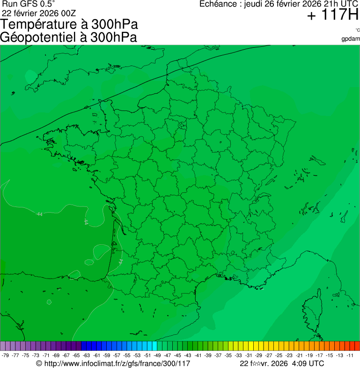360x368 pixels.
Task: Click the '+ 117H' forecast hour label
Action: click(332, 15)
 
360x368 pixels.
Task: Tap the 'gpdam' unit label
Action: click(351, 38)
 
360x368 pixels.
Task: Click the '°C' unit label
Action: click(357, 30)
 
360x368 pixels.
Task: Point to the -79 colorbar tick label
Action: click(5, 355)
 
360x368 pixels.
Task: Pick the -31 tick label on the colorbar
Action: click(249, 355)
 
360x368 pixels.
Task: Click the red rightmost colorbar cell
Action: click(357, 346)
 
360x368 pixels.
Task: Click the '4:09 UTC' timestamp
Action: click(307, 363)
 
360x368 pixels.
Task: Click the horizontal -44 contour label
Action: click(39, 214)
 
